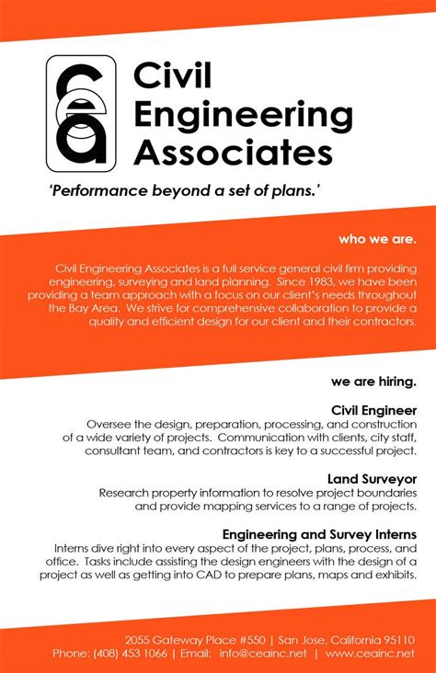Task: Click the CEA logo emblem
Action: pos(82,110)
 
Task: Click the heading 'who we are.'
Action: pos(377,239)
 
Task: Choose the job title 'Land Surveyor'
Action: pos(372,478)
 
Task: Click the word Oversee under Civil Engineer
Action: pos(111,424)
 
